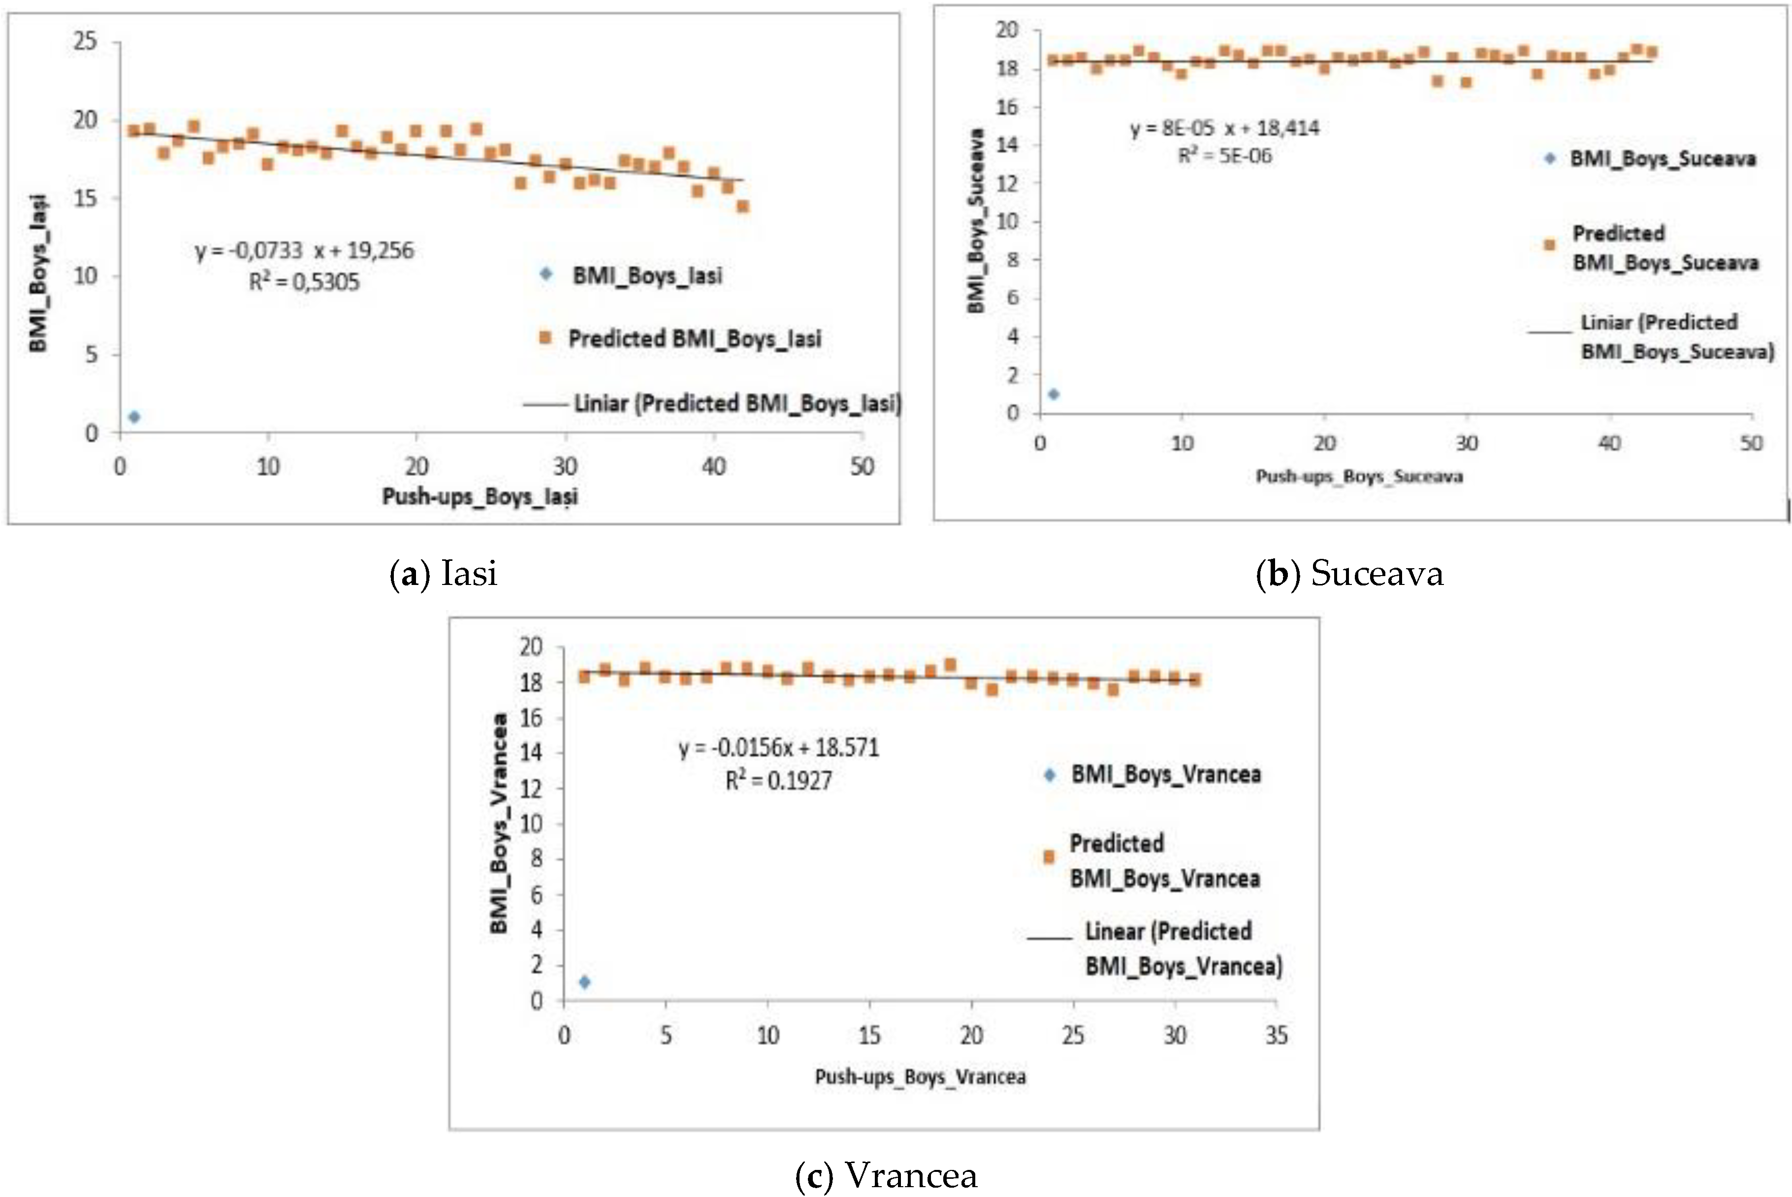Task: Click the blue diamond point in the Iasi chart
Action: coord(134,417)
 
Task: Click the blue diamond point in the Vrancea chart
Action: coord(584,982)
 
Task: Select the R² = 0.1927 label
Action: coord(778,780)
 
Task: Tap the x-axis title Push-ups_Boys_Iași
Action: coord(480,497)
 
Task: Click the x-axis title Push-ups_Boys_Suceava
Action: coord(1359,476)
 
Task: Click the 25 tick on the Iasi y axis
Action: coord(86,40)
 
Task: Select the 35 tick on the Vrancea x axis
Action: coord(1276,1036)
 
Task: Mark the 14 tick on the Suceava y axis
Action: coord(1007,145)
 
